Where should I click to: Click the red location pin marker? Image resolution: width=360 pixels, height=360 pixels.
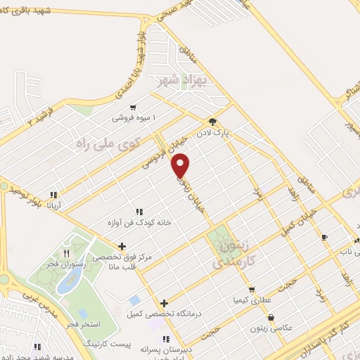pyautogui.click(x=181, y=165)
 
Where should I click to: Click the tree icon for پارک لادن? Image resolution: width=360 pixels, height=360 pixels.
pyautogui.click(x=213, y=121)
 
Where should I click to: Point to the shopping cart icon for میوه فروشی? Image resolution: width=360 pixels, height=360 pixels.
pyautogui.click(x=132, y=108)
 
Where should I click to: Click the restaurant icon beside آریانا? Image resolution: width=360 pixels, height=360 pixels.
pyautogui.click(x=53, y=195)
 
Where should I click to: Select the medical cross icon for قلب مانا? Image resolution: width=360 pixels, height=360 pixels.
pyautogui.click(x=122, y=246)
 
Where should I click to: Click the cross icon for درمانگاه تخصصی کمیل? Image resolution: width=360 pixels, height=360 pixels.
pyautogui.click(x=164, y=304)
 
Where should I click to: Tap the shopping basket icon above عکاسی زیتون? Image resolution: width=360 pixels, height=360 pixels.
pyautogui.click(x=271, y=316)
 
